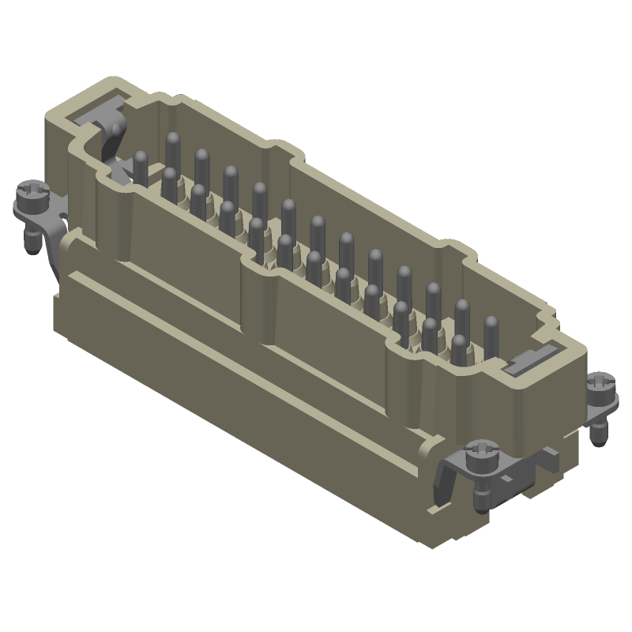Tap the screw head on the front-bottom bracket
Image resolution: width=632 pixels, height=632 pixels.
pos(480,453)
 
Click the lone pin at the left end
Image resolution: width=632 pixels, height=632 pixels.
pos(141,167)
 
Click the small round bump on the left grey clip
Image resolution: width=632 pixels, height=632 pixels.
pos(118,130)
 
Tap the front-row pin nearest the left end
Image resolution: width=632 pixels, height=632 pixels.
pos(169,183)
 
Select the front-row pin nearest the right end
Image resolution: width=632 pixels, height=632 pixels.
pos(459,348)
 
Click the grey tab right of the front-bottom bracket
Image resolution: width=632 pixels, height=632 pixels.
pos(548,457)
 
